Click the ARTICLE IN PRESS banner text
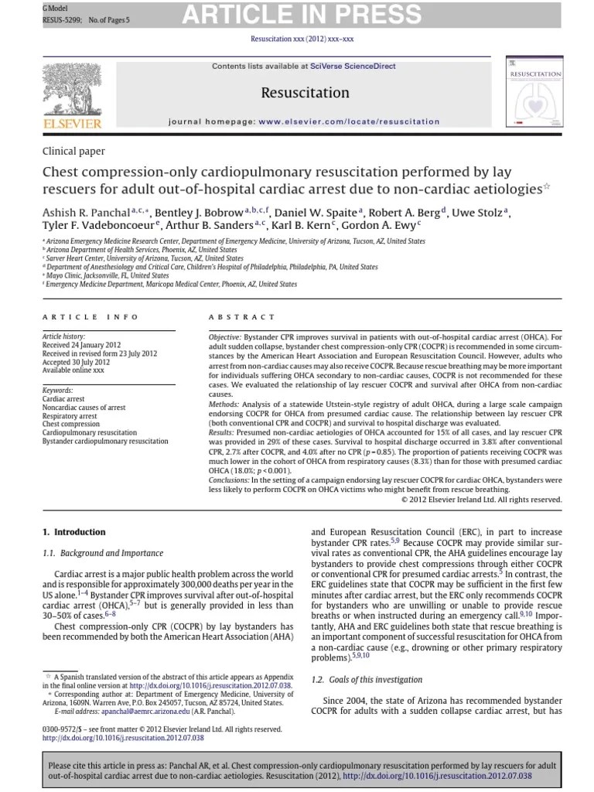[302, 15]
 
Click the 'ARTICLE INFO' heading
[90, 317]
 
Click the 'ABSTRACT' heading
[241, 317]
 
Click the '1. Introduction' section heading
[73, 532]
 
